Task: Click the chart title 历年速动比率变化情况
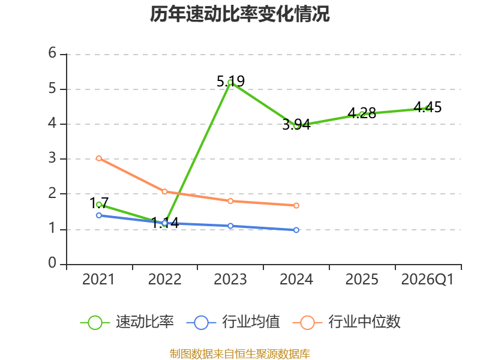point(239,14)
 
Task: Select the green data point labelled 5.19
point(230,82)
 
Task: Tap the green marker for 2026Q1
point(428,108)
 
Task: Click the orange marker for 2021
point(99,158)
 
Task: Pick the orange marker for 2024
point(296,205)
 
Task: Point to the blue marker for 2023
point(230,226)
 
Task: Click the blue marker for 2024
point(296,230)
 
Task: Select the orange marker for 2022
point(164,191)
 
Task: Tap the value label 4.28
point(362,113)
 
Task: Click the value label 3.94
point(296,125)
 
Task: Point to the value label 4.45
point(428,107)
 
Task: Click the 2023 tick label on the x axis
point(230,279)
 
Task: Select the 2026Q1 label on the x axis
point(427,280)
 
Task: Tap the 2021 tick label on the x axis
point(98,279)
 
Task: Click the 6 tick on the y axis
point(52,53)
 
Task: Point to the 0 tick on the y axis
point(52,263)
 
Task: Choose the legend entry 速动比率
point(127,322)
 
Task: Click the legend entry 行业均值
point(233,322)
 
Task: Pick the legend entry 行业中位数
point(347,322)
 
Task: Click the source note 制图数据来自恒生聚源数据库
point(240,354)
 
